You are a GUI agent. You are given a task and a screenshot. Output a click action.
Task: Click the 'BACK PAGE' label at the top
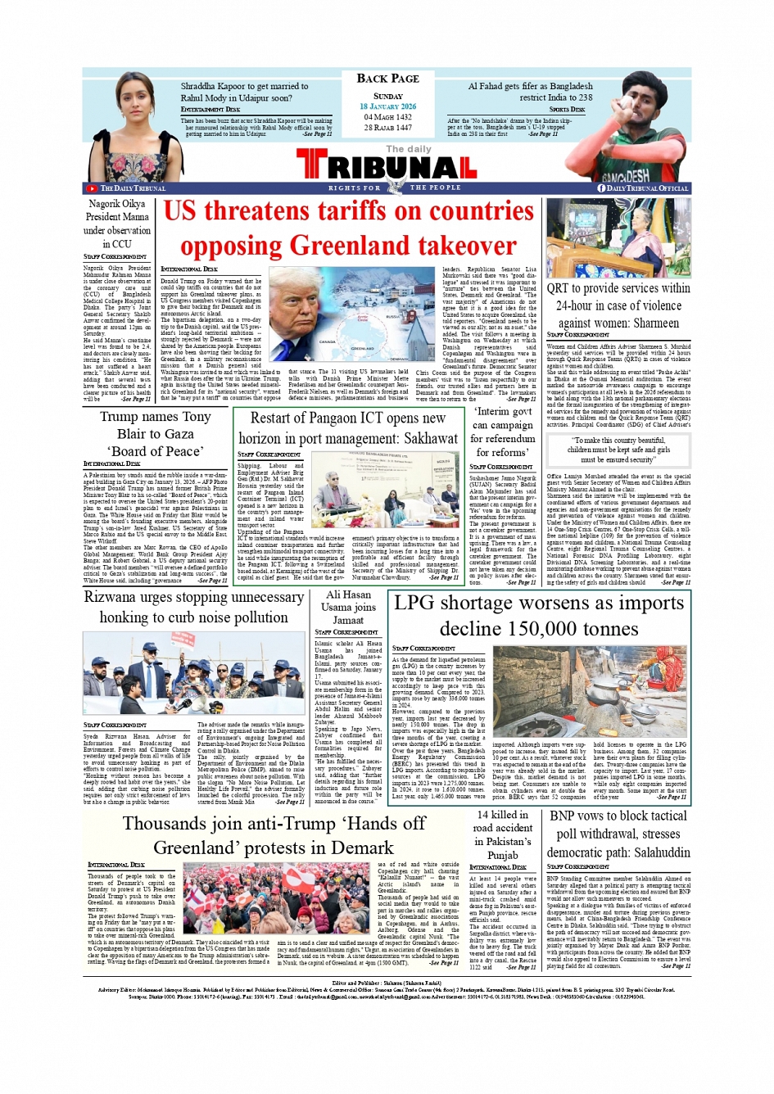tap(387, 79)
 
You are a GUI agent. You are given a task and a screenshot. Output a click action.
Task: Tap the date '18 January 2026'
tap(387, 106)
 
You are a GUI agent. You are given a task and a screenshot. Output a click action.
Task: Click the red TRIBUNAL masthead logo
tap(387, 167)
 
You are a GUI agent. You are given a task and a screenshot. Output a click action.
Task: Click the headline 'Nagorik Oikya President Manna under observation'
tap(117, 224)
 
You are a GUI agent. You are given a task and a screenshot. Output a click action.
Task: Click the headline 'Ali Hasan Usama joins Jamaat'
tap(348, 607)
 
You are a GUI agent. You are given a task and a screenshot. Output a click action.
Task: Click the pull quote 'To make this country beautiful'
tap(618, 445)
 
